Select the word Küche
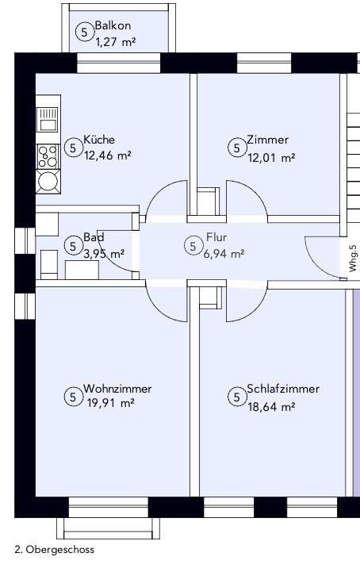click(x=98, y=140)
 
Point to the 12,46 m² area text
click(x=108, y=155)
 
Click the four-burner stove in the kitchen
click(x=48, y=153)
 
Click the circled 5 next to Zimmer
click(x=236, y=148)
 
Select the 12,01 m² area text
click(x=270, y=157)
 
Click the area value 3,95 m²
click(x=104, y=254)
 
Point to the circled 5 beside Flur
click(x=192, y=246)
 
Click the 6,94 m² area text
click(x=224, y=254)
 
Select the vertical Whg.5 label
click(x=353, y=258)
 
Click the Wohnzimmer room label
click(x=117, y=389)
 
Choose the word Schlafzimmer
click(x=283, y=389)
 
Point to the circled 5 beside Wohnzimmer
click(x=73, y=397)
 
